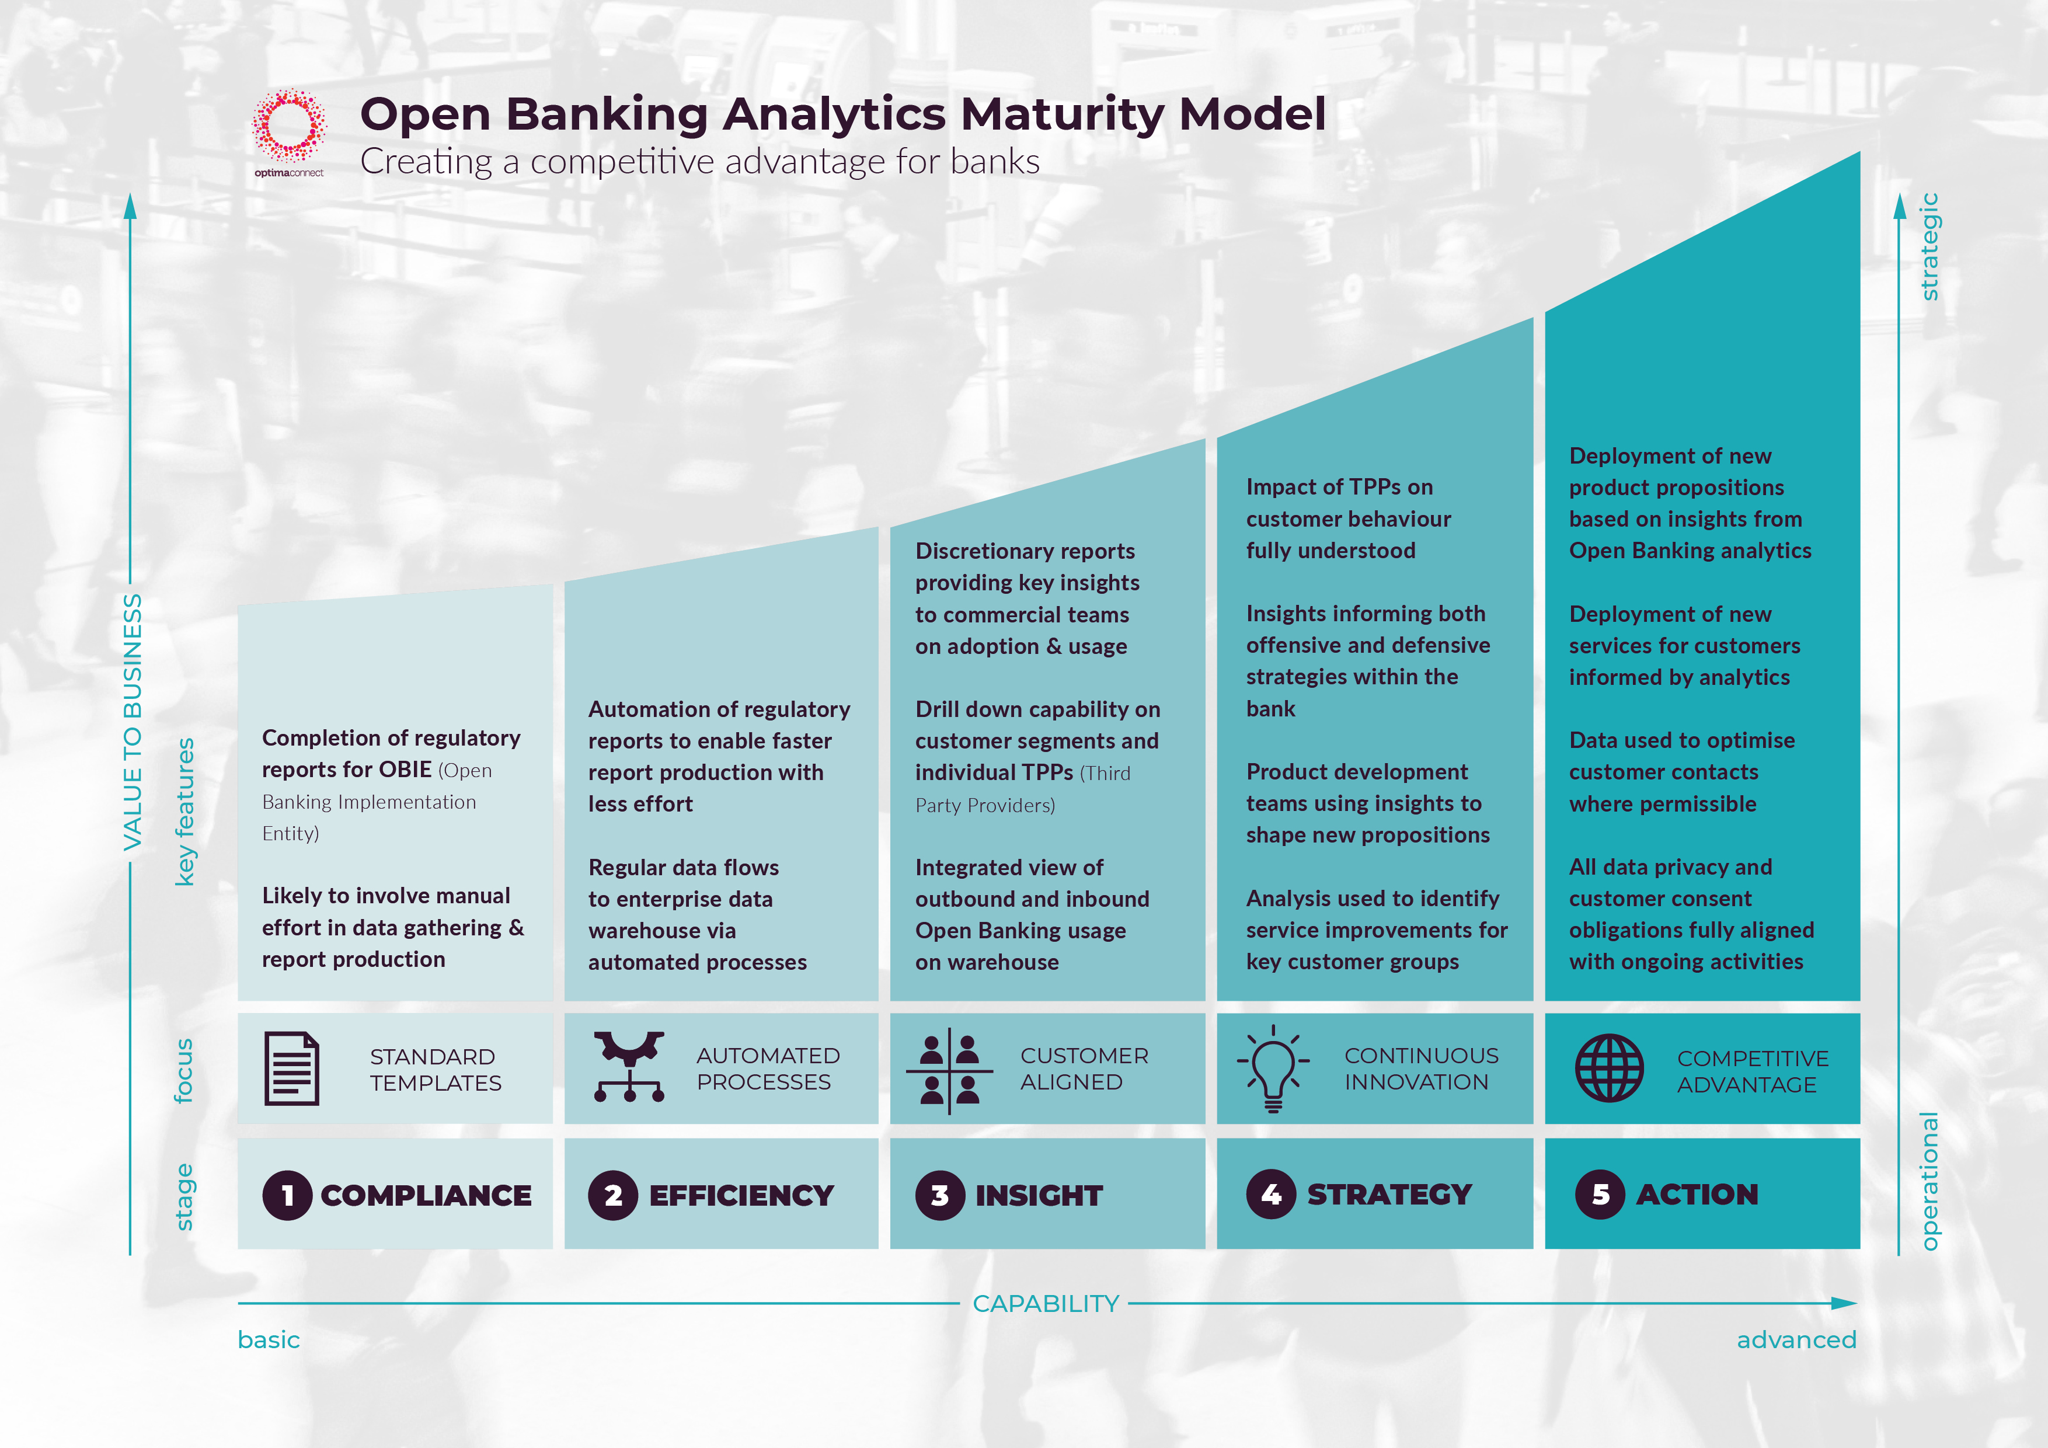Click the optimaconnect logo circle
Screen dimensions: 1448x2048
[289, 126]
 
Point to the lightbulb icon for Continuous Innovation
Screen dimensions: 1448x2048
[1273, 1068]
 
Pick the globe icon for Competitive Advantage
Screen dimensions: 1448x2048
[1608, 1068]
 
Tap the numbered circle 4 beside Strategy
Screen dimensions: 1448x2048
[1270, 1194]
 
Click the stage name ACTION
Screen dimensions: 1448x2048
[1697, 1194]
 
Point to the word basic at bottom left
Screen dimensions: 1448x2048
[269, 1340]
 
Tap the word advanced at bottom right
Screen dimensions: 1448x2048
[1796, 1340]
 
